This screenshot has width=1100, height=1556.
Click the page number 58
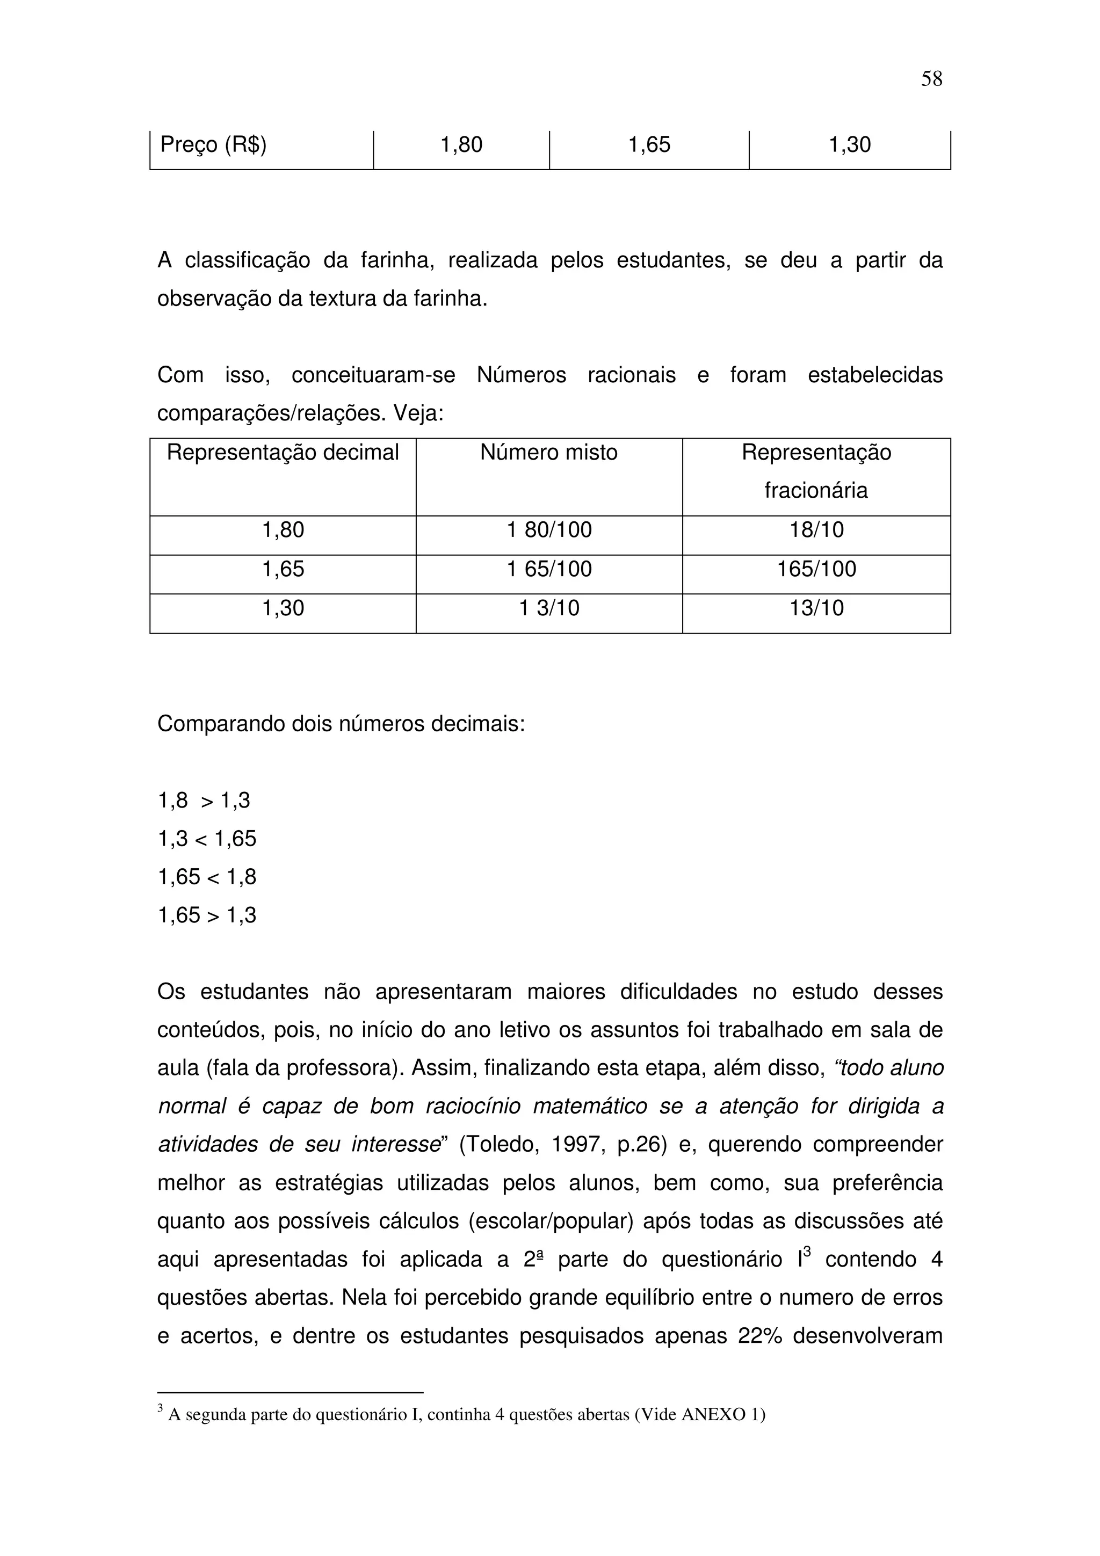(931, 79)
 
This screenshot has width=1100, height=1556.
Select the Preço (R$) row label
(213, 145)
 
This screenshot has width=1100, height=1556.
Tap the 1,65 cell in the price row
(649, 145)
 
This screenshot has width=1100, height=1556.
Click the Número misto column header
(548, 453)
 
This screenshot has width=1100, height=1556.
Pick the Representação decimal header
(283, 453)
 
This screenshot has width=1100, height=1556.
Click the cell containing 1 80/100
(549, 530)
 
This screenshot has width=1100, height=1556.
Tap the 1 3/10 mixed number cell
(549, 608)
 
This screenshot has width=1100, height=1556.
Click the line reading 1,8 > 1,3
(204, 801)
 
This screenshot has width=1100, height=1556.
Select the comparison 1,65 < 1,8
(207, 878)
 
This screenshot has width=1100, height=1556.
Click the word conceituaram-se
(373, 375)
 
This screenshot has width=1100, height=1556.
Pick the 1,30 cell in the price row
(849, 145)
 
